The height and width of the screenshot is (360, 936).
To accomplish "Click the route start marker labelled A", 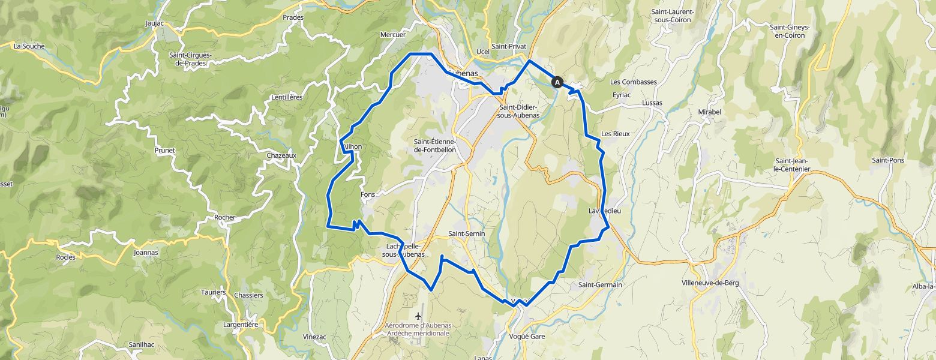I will (x=557, y=83).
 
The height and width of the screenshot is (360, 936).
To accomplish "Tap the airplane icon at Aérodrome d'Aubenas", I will (x=418, y=316).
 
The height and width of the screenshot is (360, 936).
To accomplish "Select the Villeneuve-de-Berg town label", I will (x=710, y=283).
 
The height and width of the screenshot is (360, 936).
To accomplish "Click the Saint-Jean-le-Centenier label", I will (x=793, y=165).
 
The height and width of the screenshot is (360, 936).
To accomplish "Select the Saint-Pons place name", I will (x=887, y=160).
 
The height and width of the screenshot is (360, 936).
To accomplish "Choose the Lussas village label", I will (x=652, y=103).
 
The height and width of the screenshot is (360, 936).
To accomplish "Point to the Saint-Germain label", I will (x=600, y=284).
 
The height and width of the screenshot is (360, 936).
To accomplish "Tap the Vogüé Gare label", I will (x=527, y=337).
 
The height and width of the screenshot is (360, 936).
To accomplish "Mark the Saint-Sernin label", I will (x=466, y=233).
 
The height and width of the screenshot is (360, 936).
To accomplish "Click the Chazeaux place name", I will (x=281, y=155).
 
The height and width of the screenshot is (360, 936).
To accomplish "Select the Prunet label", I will (x=164, y=150).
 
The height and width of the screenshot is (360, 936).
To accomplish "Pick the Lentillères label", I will (x=287, y=97).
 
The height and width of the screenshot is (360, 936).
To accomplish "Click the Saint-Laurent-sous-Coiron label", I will (x=673, y=16).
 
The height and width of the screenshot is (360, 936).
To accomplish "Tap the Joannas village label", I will (x=146, y=253).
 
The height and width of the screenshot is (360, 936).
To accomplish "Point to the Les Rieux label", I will (x=615, y=133).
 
